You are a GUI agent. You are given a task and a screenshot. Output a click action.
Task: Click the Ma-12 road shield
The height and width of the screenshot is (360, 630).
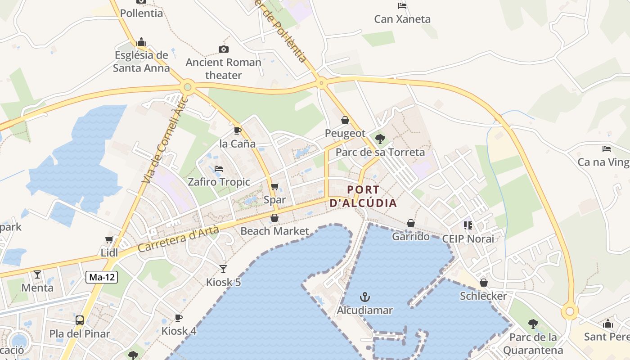click(102, 277)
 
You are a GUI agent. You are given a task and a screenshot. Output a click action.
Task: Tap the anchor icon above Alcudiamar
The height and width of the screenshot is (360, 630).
click(365, 297)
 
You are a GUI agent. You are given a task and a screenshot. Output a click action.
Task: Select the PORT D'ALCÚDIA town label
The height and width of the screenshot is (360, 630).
click(364, 196)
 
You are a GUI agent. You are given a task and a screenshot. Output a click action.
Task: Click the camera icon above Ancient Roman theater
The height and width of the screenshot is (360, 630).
click(223, 49)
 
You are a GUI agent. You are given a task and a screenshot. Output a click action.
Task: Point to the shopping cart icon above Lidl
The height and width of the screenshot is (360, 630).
click(109, 240)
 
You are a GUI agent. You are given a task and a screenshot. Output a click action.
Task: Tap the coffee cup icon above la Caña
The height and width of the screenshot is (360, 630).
click(237, 131)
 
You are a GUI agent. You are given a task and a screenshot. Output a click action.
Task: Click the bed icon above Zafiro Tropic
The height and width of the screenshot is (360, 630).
click(219, 169)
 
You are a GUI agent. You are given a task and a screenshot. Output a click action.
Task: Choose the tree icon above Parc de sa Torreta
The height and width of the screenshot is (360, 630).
click(380, 139)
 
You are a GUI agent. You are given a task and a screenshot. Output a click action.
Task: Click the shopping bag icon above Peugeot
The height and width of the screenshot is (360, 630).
click(345, 120)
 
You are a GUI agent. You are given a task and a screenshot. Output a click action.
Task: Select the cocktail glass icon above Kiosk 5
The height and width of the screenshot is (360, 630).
click(223, 269)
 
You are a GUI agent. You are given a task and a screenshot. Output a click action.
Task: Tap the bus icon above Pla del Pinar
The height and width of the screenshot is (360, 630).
click(80, 320)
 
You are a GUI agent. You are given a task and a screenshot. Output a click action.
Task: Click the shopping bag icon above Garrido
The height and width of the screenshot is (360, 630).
click(411, 223)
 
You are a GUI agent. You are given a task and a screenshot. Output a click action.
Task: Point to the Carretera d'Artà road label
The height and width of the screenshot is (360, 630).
click(178, 239)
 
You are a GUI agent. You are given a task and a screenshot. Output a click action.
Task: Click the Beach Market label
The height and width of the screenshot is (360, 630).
click(275, 231)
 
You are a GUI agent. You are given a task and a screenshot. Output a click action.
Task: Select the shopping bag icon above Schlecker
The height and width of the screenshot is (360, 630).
click(484, 283)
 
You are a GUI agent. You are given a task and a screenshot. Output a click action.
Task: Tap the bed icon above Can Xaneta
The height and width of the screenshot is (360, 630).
click(402, 6)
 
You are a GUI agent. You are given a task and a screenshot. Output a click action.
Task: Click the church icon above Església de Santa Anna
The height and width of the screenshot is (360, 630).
click(141, 42)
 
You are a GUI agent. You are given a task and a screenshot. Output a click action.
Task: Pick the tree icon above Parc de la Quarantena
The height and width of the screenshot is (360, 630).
click(533, 324)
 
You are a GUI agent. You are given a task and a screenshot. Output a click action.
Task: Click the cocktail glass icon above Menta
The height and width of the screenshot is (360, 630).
click(37, 274)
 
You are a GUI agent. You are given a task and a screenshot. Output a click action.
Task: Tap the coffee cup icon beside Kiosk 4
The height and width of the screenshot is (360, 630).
click(179, 318)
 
